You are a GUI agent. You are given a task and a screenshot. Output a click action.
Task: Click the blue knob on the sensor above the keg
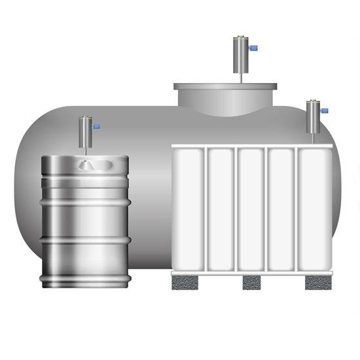(x=96, y=126)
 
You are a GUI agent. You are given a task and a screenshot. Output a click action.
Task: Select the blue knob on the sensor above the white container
(x=325, y=110)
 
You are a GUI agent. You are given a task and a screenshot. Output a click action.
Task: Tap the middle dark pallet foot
(x=251, y=282)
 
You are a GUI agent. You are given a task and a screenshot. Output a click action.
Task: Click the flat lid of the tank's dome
(x=226, y=86)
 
